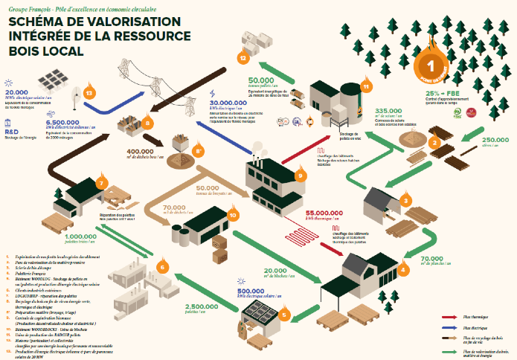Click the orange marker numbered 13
click(89, 93)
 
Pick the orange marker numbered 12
click(242, 57)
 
